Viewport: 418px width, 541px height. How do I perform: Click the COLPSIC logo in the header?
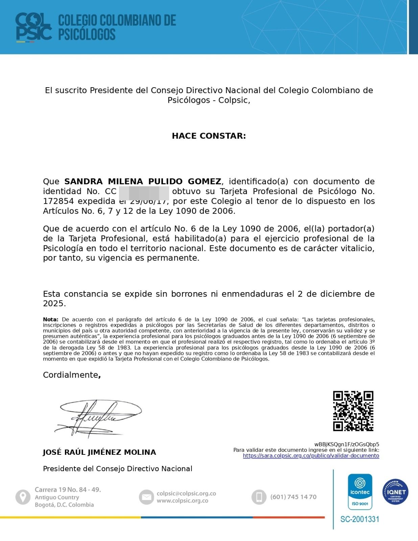pos(33,27)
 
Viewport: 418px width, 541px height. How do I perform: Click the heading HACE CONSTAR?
pos(209,136)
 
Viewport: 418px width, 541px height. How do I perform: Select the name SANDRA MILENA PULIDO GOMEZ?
pos(143,182)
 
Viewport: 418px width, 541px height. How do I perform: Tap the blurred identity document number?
pos(144,191)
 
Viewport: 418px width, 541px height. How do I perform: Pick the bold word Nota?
pos(51,320)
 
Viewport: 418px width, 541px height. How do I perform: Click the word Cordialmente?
pos(70,375)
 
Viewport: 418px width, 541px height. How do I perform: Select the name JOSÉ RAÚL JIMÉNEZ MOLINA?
pos(99,452)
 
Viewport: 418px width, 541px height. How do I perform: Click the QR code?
pos(353,411)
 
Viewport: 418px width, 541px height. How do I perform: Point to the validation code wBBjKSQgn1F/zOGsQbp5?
pos(347,444)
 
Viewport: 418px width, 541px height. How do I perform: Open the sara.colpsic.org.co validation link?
pos(311,456)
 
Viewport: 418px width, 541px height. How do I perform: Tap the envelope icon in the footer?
pos(146,497)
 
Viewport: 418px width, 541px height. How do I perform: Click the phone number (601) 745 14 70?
pos(293,497)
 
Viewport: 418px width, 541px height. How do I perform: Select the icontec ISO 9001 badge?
pos(360,491)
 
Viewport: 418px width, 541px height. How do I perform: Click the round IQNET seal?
pos(395,492)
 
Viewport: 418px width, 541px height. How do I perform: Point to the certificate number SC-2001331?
pos(360,519)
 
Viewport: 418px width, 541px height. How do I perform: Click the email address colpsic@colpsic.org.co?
pos(186,494)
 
